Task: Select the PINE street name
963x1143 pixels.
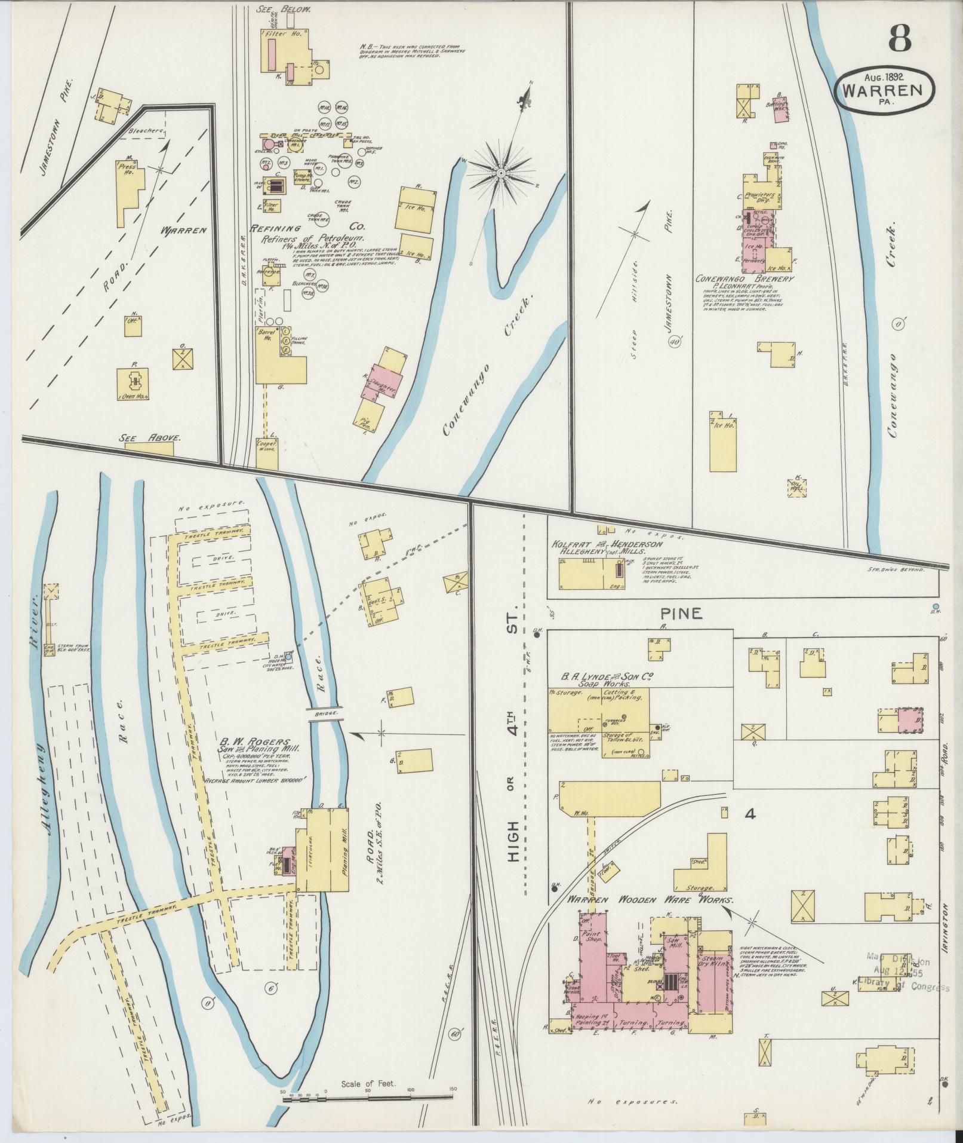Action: pyautogui.click(x=681, y=613)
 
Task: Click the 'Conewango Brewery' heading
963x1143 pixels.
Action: pyautogui.click(x=744, y=279)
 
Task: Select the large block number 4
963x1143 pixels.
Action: pyautogui.click(x=750, y=813)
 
